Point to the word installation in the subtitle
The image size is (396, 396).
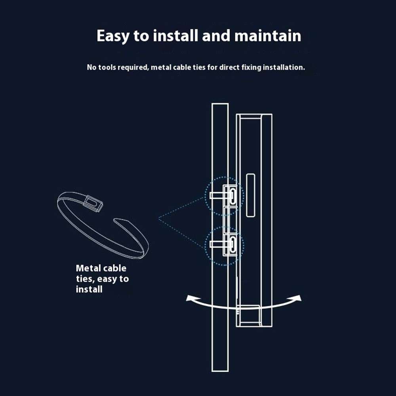(284, 67)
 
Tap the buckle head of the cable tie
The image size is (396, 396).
(93, 202)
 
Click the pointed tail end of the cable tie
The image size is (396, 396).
(115, 220)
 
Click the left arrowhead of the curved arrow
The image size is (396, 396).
(190, 298)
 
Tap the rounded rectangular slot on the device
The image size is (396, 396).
(250, 195)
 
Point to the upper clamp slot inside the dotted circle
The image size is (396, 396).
(232, 196)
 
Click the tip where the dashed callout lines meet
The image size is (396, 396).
(159, 219)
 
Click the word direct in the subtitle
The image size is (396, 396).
(229, 67)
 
